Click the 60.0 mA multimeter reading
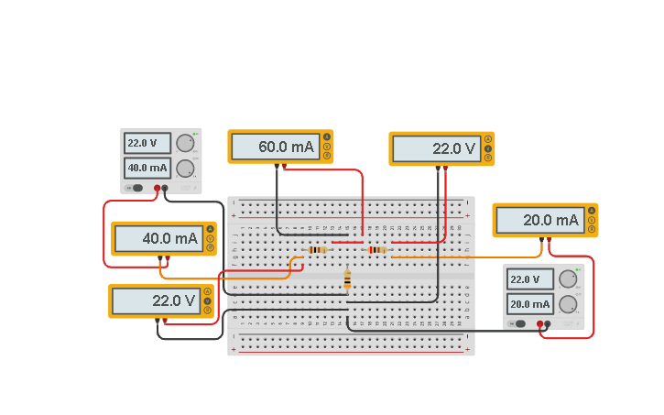coord(274,147)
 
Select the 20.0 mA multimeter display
coord(539,221)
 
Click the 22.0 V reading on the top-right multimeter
coord(436,148)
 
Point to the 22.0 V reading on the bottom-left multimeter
coord(157,300)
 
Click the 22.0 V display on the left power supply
coord(147,143)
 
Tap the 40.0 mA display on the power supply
coord(147,168)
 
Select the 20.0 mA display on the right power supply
coord(530,304)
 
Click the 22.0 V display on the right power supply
coord(530,279)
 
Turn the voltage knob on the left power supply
coord(185,143)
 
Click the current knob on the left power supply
coord(185,168)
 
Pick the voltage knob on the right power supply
coord(568,279)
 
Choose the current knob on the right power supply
coord(568,304)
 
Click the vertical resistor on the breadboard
coord(347,279)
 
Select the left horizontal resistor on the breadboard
coord(317,249)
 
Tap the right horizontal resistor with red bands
coord(376,249)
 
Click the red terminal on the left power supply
coord(157,188)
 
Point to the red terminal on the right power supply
coord(539,323)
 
